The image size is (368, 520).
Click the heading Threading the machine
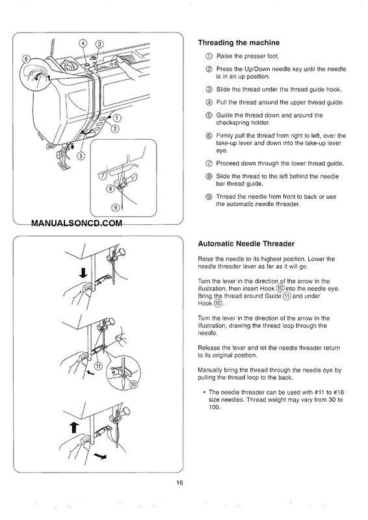239,43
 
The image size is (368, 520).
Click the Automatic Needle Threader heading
246,244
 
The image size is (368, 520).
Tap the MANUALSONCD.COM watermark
77,223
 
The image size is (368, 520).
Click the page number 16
179,482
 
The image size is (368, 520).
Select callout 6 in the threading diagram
26,59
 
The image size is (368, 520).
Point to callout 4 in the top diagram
83,44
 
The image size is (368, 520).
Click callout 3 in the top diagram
99,44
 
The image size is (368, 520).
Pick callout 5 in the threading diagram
81,155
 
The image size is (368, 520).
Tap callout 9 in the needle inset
115,207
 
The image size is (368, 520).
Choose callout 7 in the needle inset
103,175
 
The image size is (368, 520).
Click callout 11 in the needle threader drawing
98,366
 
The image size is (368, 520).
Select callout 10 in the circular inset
133,385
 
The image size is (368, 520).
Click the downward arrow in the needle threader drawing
83,273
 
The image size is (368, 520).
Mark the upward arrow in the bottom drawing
75,428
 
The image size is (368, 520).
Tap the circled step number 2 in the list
209,69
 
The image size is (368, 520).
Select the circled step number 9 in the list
209,197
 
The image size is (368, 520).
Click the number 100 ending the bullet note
214,407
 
